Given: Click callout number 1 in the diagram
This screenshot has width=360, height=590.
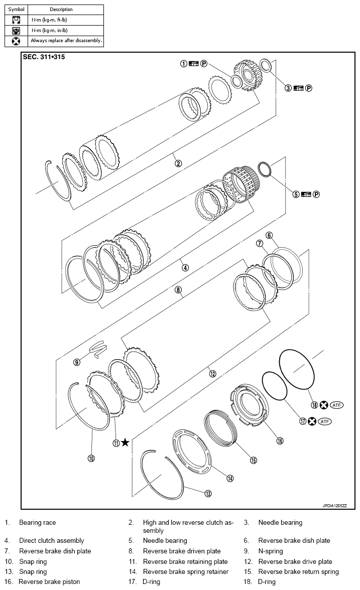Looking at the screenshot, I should point(184,64).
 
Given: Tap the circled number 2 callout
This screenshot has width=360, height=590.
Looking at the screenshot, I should point(178,163).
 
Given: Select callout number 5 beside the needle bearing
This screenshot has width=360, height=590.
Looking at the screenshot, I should point(296,194).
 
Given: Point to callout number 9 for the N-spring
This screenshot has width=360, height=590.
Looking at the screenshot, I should point(77,361).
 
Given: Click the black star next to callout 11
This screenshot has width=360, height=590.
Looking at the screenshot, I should point(125,442).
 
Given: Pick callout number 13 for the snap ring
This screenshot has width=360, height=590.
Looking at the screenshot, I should point(208,494).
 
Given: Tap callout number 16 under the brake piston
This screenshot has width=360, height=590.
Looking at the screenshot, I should point(280,440).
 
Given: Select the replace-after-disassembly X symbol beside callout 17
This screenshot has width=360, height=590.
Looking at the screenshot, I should point(312,421).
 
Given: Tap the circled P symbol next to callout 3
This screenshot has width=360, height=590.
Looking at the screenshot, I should point(309,88).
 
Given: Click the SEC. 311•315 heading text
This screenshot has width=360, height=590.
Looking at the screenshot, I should point(44,57).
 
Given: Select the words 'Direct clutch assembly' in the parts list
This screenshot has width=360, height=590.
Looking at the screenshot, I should point(52,541).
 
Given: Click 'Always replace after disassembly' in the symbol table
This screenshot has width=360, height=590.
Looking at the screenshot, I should point(66,41).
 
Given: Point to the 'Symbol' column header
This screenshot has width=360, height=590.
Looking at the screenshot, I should point(16,10).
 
